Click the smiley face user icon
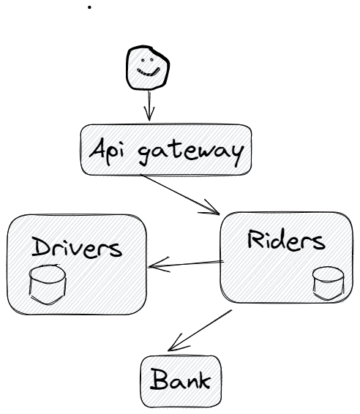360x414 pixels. (x=147, y=67)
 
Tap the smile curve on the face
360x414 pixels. (x=149, y=72)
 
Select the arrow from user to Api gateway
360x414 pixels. (x=149, y=105)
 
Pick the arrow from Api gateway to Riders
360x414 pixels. (x=179, y=194)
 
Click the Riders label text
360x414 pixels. (x=286, y=240)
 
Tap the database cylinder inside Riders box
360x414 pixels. (x=329, y=284)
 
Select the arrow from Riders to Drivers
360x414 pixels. (x=186, y=264)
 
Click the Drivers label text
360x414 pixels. (x=77, y=246)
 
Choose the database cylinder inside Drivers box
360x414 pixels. (x=48, y=285)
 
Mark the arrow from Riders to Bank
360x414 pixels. (x=200, y=331)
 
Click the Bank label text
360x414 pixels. (x=181, y=380)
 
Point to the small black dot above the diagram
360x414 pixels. (x=89, y=7)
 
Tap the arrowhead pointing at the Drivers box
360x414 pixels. (x=159, y=265)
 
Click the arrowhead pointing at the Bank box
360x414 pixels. (x=177, y=344)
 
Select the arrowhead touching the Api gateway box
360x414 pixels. (x=149, y=114)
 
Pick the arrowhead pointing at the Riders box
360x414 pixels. (x=210, y=208)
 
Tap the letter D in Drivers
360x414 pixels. (x=42, y=246)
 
